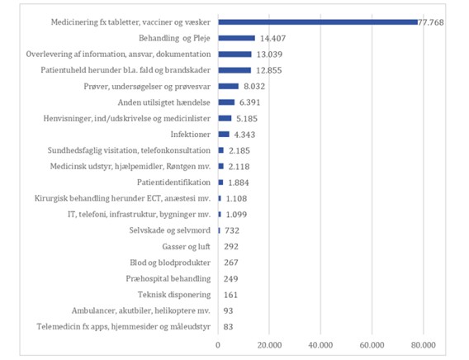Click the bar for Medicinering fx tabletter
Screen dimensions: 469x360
click(318, 22)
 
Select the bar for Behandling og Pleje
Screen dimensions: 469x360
click(237, 38)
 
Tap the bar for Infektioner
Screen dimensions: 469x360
click(224, 135)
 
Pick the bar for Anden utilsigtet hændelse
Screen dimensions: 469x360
click(226, 102)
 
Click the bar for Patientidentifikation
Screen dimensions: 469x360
click(220, 182)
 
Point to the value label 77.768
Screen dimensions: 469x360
click(431, 22)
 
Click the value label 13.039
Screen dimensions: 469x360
click(269, 54)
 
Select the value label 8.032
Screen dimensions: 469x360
click(254, 87)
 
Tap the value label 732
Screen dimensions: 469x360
click(232, 230)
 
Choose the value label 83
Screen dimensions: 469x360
click(228, 327)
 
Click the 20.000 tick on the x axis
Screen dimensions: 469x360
click(269, 345)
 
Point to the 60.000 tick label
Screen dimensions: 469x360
click(372, 345)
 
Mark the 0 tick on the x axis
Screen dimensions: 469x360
click(218, 345)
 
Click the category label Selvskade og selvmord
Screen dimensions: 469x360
click(170, 230)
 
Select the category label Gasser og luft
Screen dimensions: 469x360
click(187, 247)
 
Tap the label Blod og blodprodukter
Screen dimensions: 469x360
click(170, 263)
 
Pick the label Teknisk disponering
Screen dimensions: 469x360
click(174, 295)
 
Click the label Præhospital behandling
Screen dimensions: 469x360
click(168, 279)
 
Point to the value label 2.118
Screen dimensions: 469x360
click(239, 167)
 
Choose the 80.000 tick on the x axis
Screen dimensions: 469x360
click(424, 345)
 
